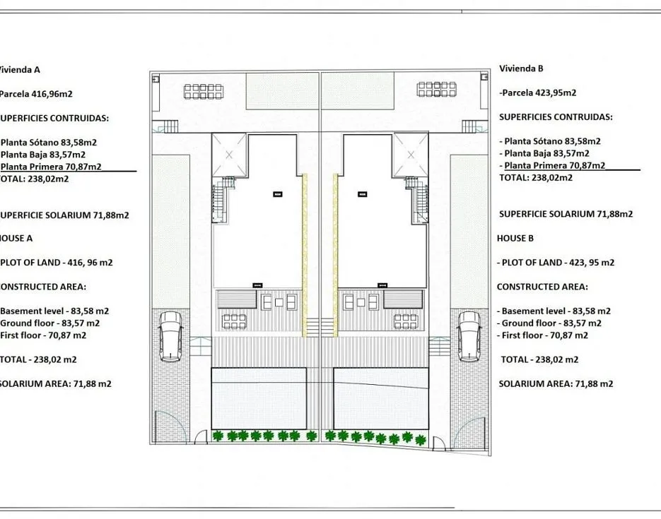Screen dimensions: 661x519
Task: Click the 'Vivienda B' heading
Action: click(x=521, y=68)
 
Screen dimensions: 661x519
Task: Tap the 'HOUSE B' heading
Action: click(x=515, y=238)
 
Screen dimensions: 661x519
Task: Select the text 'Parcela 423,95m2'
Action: click(x=539, y=93)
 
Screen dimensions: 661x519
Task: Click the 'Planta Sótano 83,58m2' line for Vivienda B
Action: click(x=553, y=141)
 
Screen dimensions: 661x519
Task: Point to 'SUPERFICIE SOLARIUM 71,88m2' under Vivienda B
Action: click(x=566, y=214)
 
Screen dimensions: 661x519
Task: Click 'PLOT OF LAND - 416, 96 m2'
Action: click(x=57, y=263)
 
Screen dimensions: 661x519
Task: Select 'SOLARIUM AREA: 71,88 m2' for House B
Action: click(x=556, y=384)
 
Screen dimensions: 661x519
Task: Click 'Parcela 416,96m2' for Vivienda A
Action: click(x=36, y=94)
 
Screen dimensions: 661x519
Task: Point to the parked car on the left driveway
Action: click(x=171, y=336)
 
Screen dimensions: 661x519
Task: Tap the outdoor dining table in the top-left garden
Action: click(x=203, y=91)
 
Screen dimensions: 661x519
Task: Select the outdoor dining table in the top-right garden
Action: click(x=436, y=89)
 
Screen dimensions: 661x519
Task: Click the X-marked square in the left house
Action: click(x=228, y=155)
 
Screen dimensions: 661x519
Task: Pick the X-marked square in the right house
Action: click(x=411, y=155)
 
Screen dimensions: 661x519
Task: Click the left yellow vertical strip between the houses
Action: click(x=305, y=255)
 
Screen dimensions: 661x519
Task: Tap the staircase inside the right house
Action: click(x=419, y=198)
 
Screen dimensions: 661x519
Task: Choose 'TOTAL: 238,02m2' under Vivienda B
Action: click(x=536, y=178)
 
